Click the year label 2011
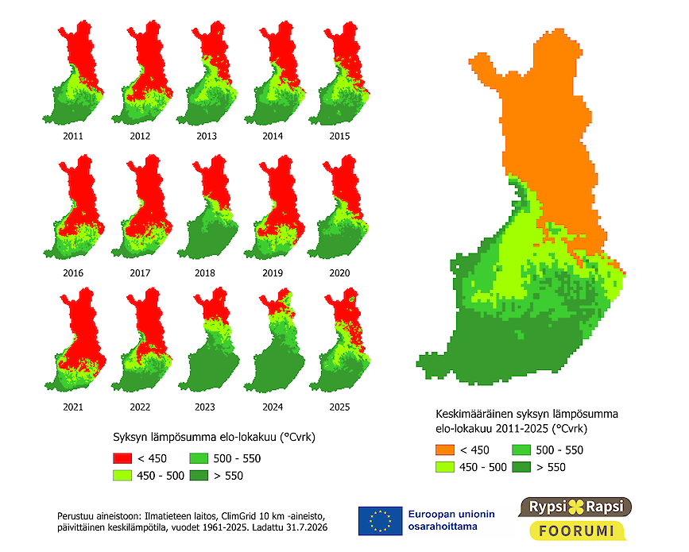tap(73, 136)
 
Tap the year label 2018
tap(205, 273)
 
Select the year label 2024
tap(273, 407)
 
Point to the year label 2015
tap(339, 136)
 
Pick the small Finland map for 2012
tap(142, 72)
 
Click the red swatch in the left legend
tap(122, 458)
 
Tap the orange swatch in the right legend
tap(445, 450)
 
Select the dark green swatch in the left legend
tap(199, 476)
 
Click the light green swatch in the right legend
tap(445, 467)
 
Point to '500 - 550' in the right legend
tap(559, 450)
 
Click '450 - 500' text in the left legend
tap(161, 476)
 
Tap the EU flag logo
tap(380, 521)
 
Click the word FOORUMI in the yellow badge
tap(576, 531)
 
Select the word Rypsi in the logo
tap(548, 507)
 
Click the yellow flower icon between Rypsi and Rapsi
tap(576, 507)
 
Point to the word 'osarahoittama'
tap(443, 527)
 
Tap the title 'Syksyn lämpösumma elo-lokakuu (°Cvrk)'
tap(214, 438)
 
